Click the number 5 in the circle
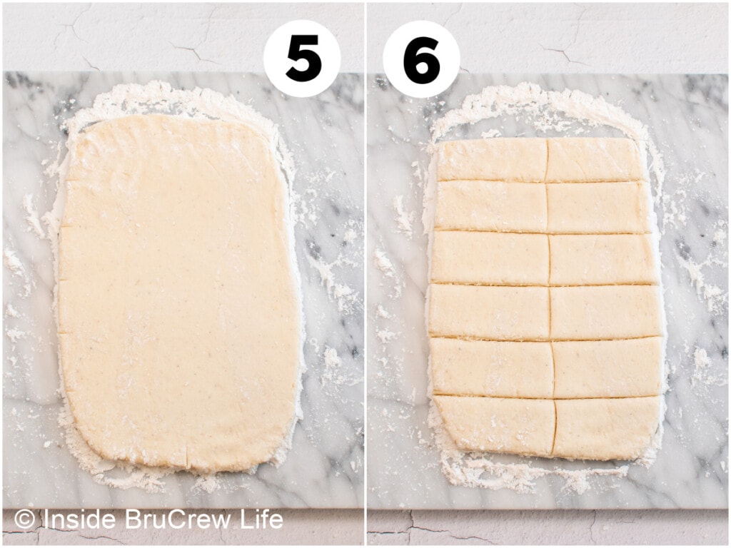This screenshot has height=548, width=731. click(x=303, y=59)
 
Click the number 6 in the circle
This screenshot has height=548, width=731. click(x=422, y=59)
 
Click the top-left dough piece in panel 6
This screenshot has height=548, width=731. click(x=492, y=159)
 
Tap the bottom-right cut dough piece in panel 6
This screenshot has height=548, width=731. click(x=607, y=427)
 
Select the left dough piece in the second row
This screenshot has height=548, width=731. click(x=490, y=206)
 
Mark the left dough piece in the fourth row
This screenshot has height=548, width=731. click(x=489, y=311)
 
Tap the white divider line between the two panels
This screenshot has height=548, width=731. click(x=365, y=274)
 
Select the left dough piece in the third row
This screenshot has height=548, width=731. click(x=490, y=258)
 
